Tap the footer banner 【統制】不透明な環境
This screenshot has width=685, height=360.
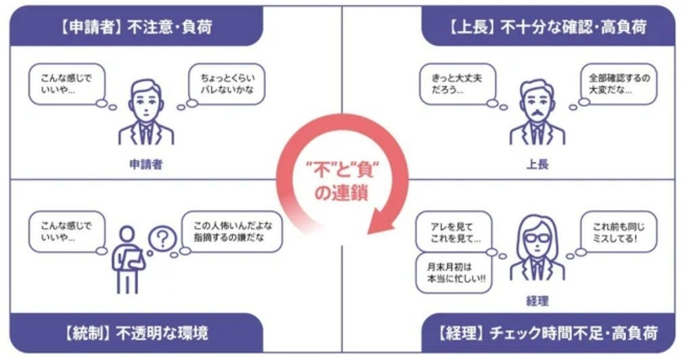(x=135, y=333)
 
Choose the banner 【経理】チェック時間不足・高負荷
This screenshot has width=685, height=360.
(x=547, y=333)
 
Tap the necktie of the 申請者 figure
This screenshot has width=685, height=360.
(x=146, y=133)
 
